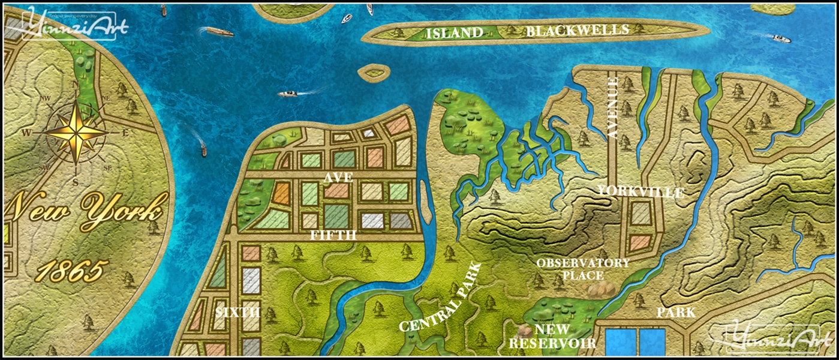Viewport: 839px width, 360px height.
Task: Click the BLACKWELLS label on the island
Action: click(577, 31)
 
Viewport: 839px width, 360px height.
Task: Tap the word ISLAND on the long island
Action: click(454, 33)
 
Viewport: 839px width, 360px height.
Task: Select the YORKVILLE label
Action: click(640, 193)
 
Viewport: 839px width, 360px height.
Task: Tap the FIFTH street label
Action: click(333, 235)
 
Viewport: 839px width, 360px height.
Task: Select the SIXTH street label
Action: click(237, 312)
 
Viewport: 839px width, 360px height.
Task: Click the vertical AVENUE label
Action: click(613, 108)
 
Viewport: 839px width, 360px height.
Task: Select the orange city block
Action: click(281, 192)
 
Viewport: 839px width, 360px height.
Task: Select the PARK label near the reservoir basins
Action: click(676, 313)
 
